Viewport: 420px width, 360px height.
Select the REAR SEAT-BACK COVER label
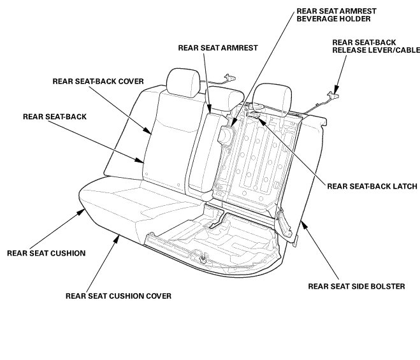click(98, 81)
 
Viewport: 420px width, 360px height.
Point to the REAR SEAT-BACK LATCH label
click(371, 186)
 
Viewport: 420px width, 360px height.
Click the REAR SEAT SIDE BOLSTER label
click(356, 286)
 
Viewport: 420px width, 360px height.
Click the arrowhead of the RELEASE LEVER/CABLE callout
click(335, 85)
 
